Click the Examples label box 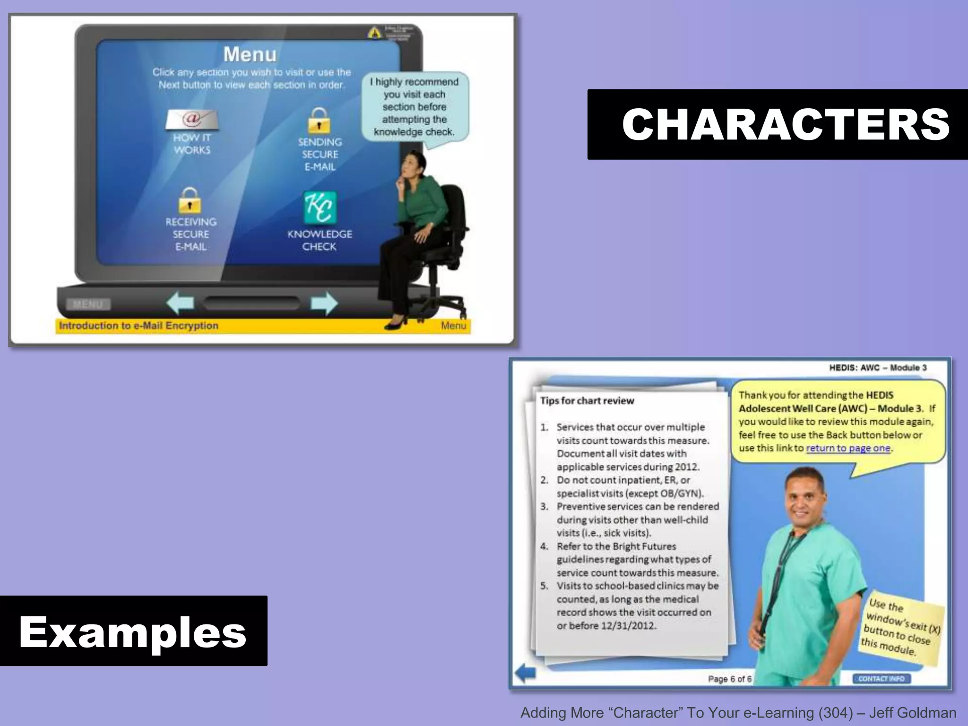[133, 631]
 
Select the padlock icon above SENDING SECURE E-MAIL [320, 121]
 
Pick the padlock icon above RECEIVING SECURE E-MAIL [190, 200]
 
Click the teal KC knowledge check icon [320, 207]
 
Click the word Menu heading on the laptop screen [250, 54]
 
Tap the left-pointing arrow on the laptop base [181, 303]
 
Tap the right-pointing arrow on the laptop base [324, 303]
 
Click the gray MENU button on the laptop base [88, 304]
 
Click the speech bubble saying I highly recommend [415, 107]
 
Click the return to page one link [848, 448]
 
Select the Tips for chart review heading [587, 401]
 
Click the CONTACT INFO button [882, 679]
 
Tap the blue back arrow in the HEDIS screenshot [525, 673]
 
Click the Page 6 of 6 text [729, 679]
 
